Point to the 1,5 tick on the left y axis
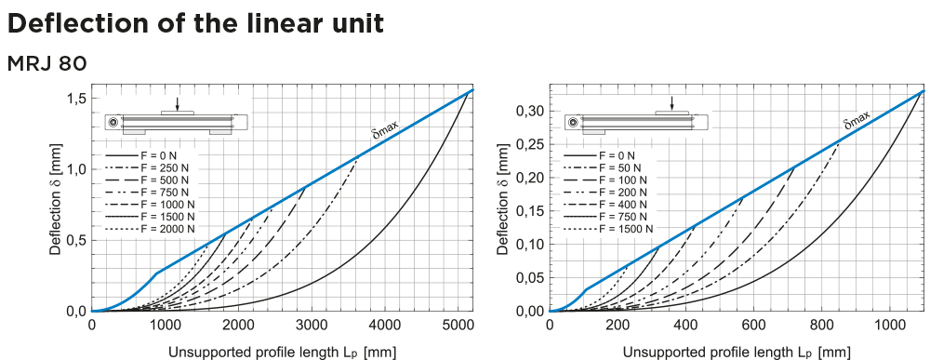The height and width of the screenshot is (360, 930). pos(77,99)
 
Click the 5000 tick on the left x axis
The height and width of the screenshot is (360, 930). pos(458,325)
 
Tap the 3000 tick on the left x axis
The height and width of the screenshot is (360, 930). pos(312,325)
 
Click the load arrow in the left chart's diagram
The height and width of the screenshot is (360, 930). pos(178,104)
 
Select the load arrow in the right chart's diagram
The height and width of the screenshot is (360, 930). pos(672,104)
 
